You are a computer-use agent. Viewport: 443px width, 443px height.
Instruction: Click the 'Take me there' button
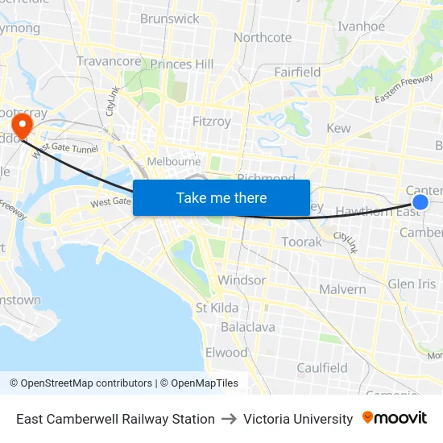221,197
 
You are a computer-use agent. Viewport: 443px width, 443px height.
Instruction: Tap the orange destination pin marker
20,125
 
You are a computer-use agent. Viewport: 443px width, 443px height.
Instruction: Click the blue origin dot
420,201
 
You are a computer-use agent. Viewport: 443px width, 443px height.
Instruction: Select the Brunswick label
169,19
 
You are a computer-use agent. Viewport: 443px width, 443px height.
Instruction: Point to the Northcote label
263,37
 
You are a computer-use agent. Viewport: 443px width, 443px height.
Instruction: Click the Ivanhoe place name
361,26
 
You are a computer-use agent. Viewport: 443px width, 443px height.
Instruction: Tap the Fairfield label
297,72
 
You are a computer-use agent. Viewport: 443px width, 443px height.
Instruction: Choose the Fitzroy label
212,122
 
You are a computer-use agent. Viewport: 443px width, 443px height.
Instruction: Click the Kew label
338,128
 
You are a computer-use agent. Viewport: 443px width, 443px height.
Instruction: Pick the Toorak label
302,242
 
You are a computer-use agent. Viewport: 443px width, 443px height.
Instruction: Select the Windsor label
242,280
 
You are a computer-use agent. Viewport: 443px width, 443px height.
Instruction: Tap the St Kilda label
217,308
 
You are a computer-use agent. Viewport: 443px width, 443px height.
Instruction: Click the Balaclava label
248,327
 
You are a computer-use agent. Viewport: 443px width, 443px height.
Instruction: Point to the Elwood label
226,353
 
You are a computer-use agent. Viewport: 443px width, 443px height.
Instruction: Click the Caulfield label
322,368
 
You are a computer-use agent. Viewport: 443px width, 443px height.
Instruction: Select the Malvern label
342,289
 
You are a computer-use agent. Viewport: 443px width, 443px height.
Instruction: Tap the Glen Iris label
412,284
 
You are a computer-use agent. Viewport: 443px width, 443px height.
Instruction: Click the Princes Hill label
182,64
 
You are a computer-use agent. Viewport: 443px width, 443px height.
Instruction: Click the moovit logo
395,418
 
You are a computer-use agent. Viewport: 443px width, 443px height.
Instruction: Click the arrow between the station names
229,419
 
